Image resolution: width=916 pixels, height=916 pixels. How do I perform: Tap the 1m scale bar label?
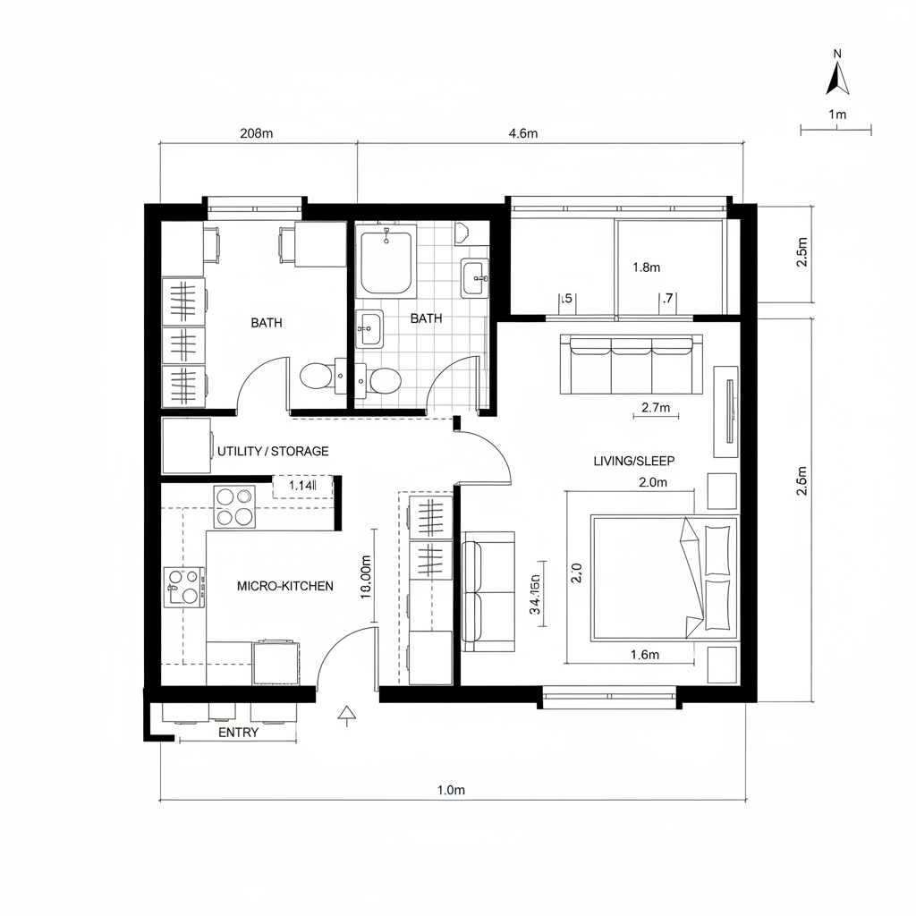pos(837,114)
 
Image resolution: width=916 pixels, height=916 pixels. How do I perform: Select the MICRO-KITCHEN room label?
pos(284,586)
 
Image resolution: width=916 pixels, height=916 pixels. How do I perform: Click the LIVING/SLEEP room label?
pos(633,461)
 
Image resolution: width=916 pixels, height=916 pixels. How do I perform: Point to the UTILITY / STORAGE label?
pos(273,452)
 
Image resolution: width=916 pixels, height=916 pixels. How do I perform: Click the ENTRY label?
pos(238,733)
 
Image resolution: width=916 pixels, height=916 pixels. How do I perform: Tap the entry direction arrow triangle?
pos(346,713)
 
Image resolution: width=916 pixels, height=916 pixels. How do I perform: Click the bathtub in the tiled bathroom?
pos(386,261)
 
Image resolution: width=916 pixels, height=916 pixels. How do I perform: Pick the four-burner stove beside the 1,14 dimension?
pos(234,506)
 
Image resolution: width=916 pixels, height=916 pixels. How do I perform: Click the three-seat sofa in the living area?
pos(631,364)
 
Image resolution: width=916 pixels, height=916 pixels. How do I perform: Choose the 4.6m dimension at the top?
pos(523,134)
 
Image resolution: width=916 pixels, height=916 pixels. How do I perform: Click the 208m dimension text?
pos(257,134)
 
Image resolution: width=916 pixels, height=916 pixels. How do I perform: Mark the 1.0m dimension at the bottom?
pos(451,790)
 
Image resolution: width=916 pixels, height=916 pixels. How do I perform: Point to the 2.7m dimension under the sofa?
pos(656,409)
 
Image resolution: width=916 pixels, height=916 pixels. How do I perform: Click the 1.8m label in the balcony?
pos(646,267)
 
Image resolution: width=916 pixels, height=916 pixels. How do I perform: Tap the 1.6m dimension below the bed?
pos(644,655)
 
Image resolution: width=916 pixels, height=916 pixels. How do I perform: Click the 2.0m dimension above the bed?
pos(654,482)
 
